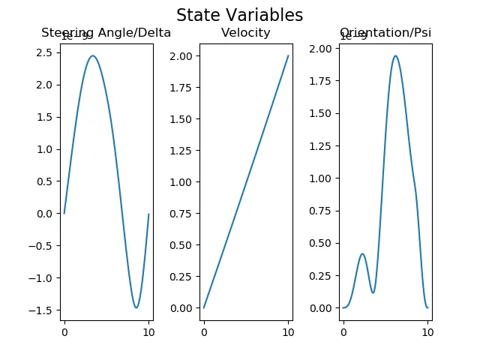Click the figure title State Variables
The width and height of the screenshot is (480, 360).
coord(239,15)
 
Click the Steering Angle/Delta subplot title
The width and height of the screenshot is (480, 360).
coord(106,33)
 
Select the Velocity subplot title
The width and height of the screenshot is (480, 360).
coord(246,33)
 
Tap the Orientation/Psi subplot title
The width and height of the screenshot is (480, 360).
coord(385,33)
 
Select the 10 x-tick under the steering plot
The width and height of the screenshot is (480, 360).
coord(148,332)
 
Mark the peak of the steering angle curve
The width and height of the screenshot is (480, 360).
coord(92,55)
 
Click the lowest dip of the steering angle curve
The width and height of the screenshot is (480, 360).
coord(136,307)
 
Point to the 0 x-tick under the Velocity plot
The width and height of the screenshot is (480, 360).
coord(203,332)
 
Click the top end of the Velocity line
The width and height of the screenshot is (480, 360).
coord(288,55)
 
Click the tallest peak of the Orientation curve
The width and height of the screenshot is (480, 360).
coord(395,56)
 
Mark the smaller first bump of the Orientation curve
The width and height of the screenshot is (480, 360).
coord(362,253)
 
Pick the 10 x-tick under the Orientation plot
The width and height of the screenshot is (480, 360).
coord(427,332)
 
